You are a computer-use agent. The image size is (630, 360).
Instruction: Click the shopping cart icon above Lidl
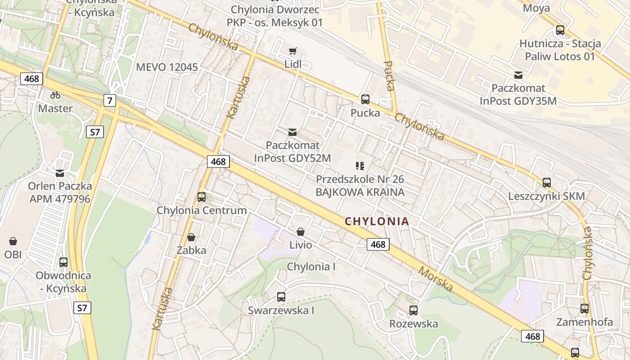coord(292,51)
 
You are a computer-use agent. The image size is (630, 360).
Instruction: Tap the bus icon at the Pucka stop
coord(365,99)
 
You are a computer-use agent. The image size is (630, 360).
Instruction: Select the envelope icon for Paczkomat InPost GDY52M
coord(292,132)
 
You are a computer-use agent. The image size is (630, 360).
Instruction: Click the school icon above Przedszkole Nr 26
coord(360,166)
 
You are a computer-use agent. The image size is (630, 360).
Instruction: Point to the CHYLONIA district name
coord(377,221)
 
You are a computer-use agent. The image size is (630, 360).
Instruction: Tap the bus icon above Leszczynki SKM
coord(546,183)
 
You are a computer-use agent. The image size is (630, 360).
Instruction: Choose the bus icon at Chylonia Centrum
coord(202,197)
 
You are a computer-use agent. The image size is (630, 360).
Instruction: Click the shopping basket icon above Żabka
coord(191,237)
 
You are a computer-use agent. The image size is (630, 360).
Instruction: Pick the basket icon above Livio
coord(300,232)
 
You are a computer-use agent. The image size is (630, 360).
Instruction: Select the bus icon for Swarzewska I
coord(281,297)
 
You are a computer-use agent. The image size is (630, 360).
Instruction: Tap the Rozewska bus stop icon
coord(413,310)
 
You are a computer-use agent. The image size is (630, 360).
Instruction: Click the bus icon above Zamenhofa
coord(584,309)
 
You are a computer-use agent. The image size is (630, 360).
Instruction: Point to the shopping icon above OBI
coord(13,241)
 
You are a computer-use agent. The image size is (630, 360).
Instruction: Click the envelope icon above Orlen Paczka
coord(60,173)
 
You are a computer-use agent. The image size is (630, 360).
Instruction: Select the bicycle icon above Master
coord(55,95)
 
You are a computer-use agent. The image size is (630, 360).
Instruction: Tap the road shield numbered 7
coord(109,100)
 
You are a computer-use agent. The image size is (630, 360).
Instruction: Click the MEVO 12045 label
coord(167,67)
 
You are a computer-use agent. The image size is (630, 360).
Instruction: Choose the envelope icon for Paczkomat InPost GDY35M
coord(518,75)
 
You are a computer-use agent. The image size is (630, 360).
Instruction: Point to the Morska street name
coord(435,279)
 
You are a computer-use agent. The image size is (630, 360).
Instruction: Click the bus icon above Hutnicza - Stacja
coord(560,30)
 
